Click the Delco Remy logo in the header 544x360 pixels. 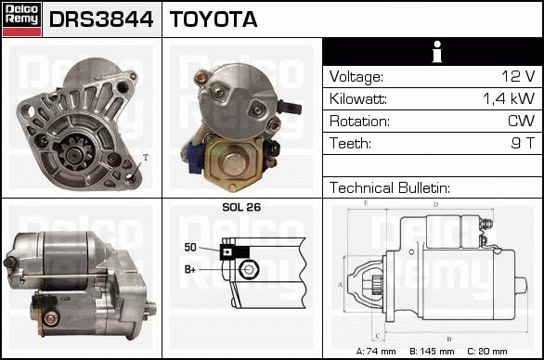pos(21,19)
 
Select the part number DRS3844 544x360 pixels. pos(101,19)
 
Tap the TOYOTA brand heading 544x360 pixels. pos(214,19)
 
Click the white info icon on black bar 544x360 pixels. pos(437,52)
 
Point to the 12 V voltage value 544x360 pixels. pos(518,76)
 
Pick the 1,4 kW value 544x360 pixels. pos(509,99)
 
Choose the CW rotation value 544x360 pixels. pos(521,121)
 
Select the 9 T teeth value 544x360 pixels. pos(523,143)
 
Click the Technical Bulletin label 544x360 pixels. pos(390,187)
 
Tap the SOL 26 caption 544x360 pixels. pos(241,207)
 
